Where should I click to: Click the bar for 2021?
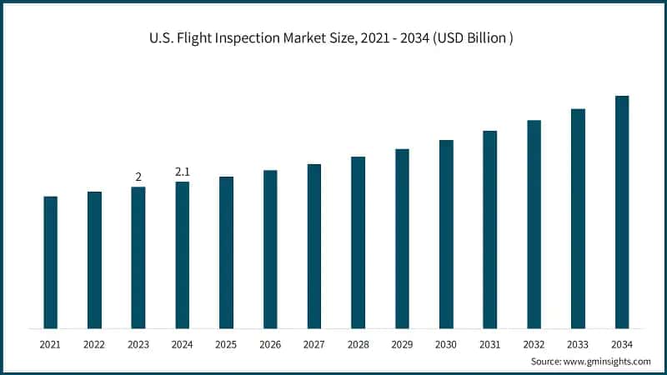[x=51, y=262]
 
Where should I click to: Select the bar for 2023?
[x=138, y=257]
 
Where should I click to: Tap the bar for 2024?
[x=183, y=255]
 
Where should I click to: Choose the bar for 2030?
[x=446, y=234]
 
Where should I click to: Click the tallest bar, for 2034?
[x=622, y=212]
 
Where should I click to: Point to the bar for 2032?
[x=534, y=224]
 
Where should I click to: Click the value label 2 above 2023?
[x=138, y=177]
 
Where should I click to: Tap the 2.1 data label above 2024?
[x=183, y=172]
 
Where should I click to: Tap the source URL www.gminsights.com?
[x=607, y=361]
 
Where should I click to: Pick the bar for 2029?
[x=402, y=238]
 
